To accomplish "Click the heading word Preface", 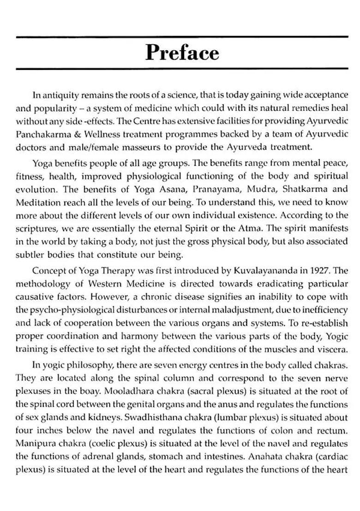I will point(182,53).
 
